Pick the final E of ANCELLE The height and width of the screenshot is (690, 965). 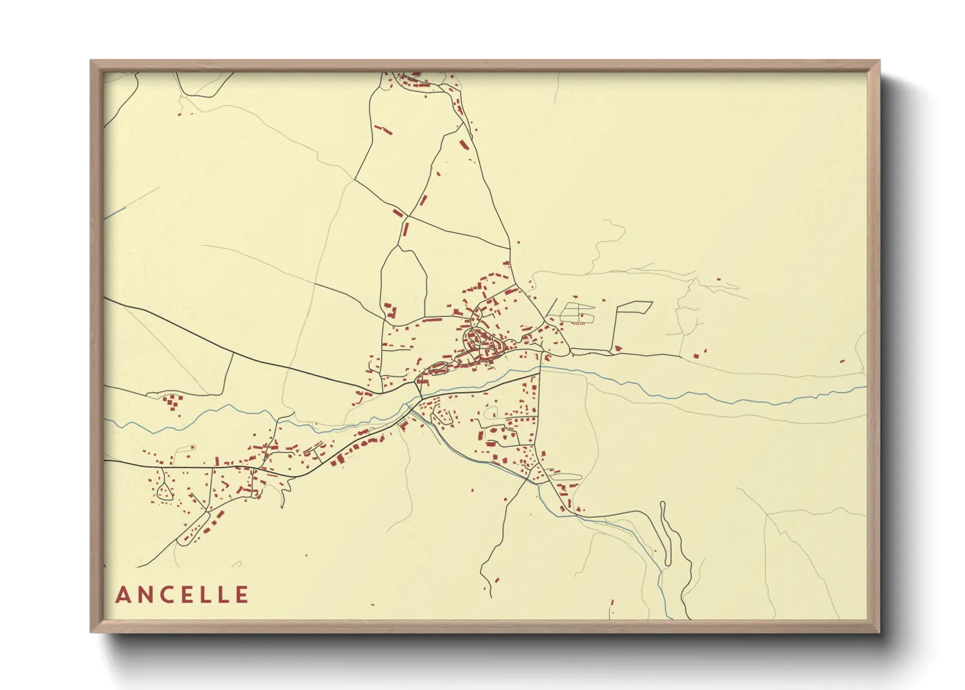point(242,595)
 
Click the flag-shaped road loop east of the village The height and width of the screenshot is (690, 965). point(633,307)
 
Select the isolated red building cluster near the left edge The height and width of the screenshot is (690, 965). point(173,402)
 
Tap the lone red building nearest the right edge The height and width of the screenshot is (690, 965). point(842,361)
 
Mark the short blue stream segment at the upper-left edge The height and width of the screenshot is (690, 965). point(116,212)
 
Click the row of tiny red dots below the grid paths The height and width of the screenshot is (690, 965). point(577,323)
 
